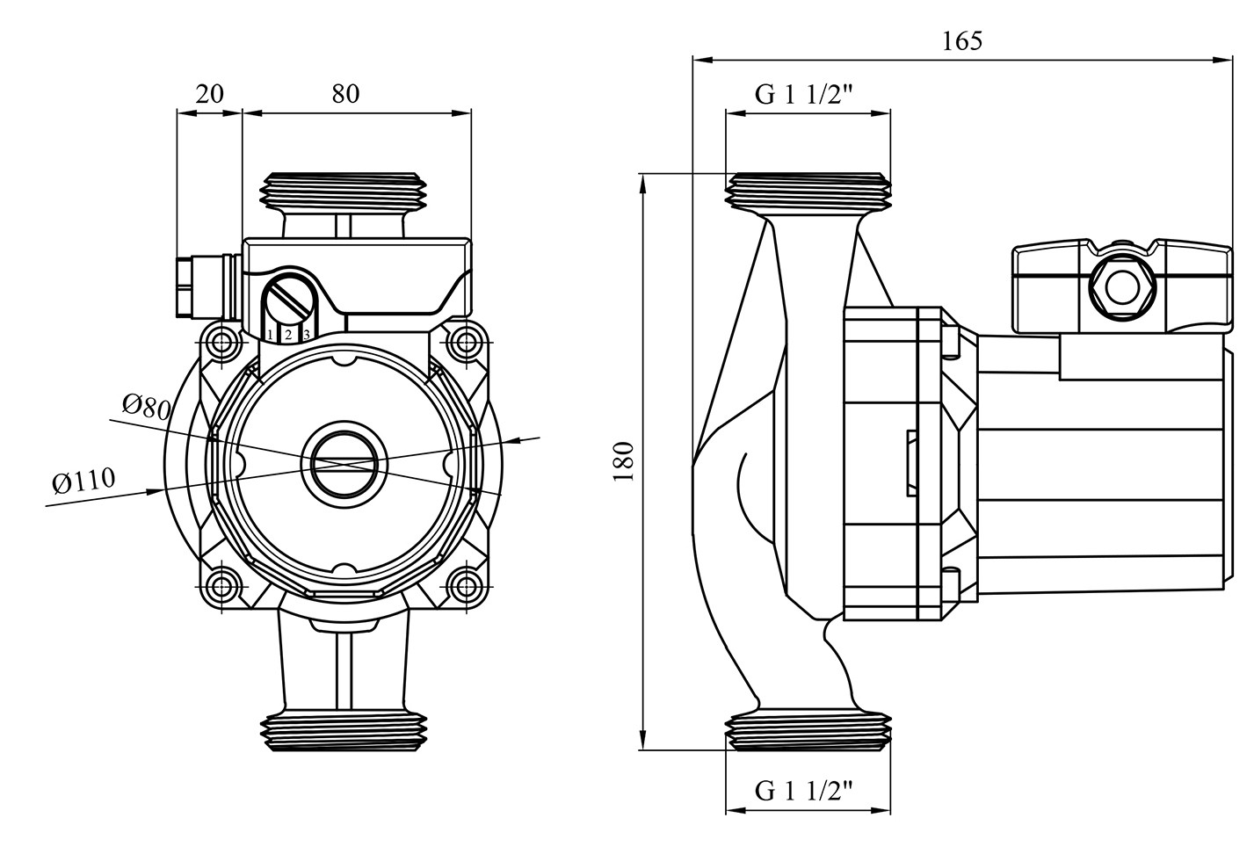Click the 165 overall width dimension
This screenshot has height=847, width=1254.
pyautogui.click(x=962, y=41)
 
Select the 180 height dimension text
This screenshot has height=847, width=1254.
pyautogui.click(x=624, y=461)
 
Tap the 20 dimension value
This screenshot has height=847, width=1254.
pyautogui.click(x=209, y=93)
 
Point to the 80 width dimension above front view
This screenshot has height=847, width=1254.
pyautogui.click(x=345, y=93)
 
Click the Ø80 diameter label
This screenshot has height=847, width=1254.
pyautogui.click(x=146, y=407)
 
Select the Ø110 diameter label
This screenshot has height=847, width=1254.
pyautogui.click(x=83, y=481)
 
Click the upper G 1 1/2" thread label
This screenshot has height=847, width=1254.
pyautogui.click(x=804, y=94)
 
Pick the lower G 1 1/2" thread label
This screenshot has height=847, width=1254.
pyautogui.click(x=804, y=792)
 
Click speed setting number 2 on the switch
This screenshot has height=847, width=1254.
pyautogui.click(x=288, y=335)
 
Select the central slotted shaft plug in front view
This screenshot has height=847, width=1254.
pyautogui.click(x=343, y=463)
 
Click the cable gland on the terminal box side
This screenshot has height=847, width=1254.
pyautogui.click(x=207, y=286)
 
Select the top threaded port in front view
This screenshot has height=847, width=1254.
pyautogui.click(x=344, y=191)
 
